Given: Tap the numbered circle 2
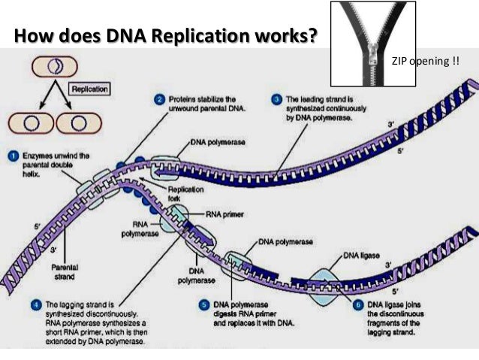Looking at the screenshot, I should (160, 99).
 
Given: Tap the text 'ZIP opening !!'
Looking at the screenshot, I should (425, 59).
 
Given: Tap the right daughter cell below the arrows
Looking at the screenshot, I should (75, 121).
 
